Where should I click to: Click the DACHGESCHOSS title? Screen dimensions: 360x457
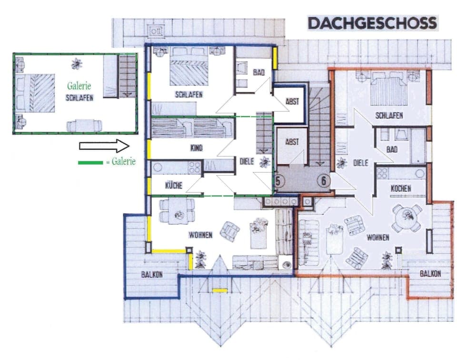tap(372, 23)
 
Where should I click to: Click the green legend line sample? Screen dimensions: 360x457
tap(90, 162)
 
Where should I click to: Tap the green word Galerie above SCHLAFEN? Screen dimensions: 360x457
tap(79, 87)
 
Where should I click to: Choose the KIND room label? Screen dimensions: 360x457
tap(196, 148)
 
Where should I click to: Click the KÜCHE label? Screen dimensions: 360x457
tap(174, 186)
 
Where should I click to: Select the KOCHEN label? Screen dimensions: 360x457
tap(400, 189)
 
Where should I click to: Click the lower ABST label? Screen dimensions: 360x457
tap(292, 141)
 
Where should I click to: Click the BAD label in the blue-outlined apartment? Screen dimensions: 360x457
tap(258, 73)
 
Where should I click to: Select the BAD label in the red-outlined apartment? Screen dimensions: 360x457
tap(392, 150)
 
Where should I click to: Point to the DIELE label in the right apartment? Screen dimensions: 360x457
tap(360, 163)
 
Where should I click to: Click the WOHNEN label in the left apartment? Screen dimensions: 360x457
tap(200, 235)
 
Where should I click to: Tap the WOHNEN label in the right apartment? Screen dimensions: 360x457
tap(378, 237)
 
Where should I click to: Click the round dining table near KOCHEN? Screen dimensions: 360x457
tap(407, 217)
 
